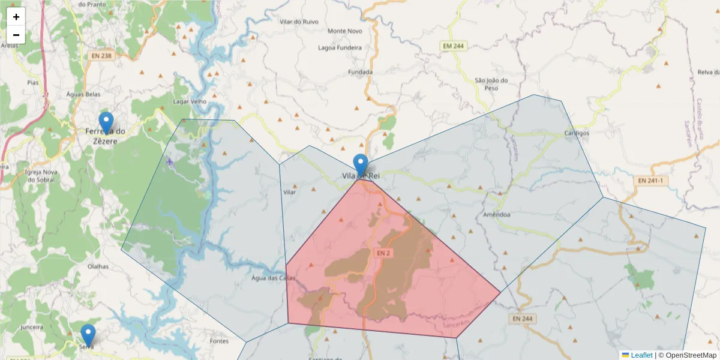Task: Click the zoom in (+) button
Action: point(16,17)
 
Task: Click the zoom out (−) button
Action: point(16,35)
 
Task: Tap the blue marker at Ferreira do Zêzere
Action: point(106,123)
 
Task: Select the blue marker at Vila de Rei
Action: point(361,166)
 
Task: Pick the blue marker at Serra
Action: point(88,335)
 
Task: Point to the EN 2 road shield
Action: point(384,253)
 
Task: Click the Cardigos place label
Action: point(577,133)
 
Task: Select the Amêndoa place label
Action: point(496,214)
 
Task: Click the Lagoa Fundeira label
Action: point(340,47)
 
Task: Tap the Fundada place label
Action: point(360,72)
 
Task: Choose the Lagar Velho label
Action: point(190,101)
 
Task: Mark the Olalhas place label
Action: point(98,266)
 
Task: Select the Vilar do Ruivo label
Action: point(299,22)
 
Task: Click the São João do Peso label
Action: point(491,84)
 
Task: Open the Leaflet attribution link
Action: point(641,355)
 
